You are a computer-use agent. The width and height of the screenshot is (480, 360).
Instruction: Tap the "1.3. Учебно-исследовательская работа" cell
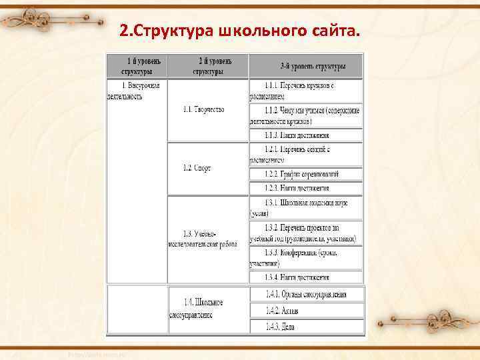point(207,239)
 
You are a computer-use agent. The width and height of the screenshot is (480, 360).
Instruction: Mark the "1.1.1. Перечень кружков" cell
point(306,90)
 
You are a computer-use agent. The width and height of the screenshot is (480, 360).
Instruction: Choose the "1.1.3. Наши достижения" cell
point(306,135)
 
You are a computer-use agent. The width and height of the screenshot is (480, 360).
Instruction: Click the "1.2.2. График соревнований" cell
point(306,174)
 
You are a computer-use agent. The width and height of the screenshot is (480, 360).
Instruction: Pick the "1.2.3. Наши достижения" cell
point(306,188)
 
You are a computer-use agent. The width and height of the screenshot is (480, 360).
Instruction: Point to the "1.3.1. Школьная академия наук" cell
point(306,207)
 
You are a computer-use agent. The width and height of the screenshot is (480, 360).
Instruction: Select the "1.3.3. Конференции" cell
point(306,258)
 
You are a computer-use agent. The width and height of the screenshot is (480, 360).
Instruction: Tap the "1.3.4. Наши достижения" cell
point(306,277)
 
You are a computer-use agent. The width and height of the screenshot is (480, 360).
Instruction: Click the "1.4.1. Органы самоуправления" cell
point(306,294)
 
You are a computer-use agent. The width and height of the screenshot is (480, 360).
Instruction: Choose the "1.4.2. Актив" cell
point(306,310)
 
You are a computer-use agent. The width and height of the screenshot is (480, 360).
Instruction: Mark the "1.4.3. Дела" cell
point(306,326)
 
